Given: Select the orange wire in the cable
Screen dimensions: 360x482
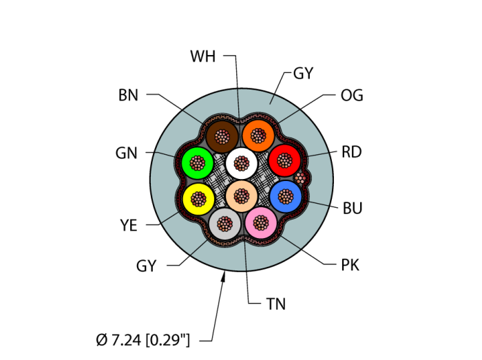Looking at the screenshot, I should click(x=258, y=134).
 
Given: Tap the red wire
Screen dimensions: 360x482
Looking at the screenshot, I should click(x=284, y=161).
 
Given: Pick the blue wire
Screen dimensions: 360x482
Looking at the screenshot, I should click(x=285, y=197).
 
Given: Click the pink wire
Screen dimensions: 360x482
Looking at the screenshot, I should click(x=261, y=222).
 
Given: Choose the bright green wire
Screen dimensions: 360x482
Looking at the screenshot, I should click(x=198, y=163).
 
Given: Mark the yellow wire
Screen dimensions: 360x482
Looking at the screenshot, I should click(x=199, y=199).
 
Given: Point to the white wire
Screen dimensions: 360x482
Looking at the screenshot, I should click(x=241, y=163).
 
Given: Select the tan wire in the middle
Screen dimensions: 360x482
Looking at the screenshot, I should click(x=241, y=197).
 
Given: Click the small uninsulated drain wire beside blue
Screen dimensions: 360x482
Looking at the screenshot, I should click(x=300, y=178).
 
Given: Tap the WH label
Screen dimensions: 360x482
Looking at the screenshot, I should click(x=203, y=56).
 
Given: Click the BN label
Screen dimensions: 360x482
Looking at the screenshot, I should click(x=128, y=96).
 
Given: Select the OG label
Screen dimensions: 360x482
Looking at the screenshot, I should click(x=352, y=96).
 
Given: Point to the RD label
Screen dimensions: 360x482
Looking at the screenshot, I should click(x=352, y=152).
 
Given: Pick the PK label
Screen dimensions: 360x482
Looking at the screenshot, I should click(x=350, y=265).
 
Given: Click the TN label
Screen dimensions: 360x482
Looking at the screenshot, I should click(x=275, y=304).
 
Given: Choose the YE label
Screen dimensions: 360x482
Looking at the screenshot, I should click(x=129, y=224).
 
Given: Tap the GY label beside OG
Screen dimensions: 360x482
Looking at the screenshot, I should click(x=304, y=73).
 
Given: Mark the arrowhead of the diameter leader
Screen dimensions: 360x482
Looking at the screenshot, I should click(x=224, y=276).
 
